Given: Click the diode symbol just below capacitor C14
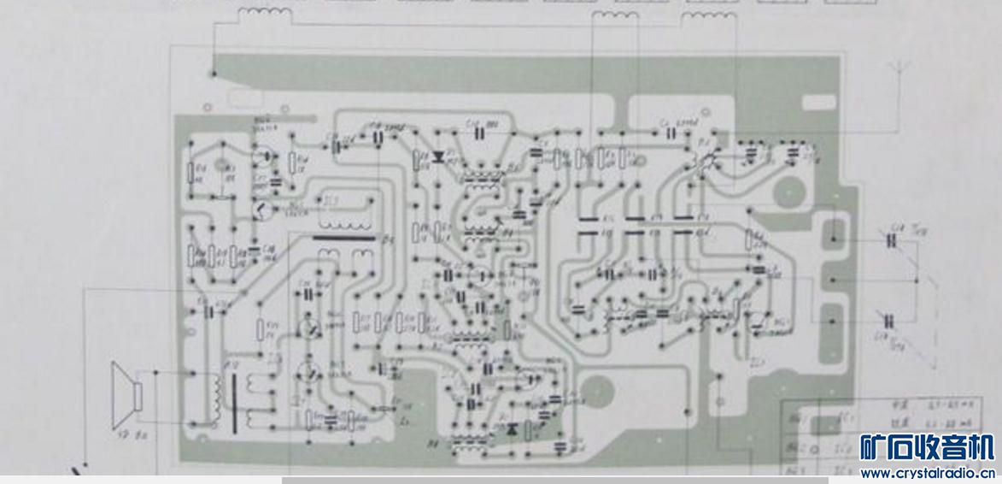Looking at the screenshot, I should (x=441, y=157).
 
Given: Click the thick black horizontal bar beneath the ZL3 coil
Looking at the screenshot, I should (x=343, y=239).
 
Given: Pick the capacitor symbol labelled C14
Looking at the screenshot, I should (x=490, y=130).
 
